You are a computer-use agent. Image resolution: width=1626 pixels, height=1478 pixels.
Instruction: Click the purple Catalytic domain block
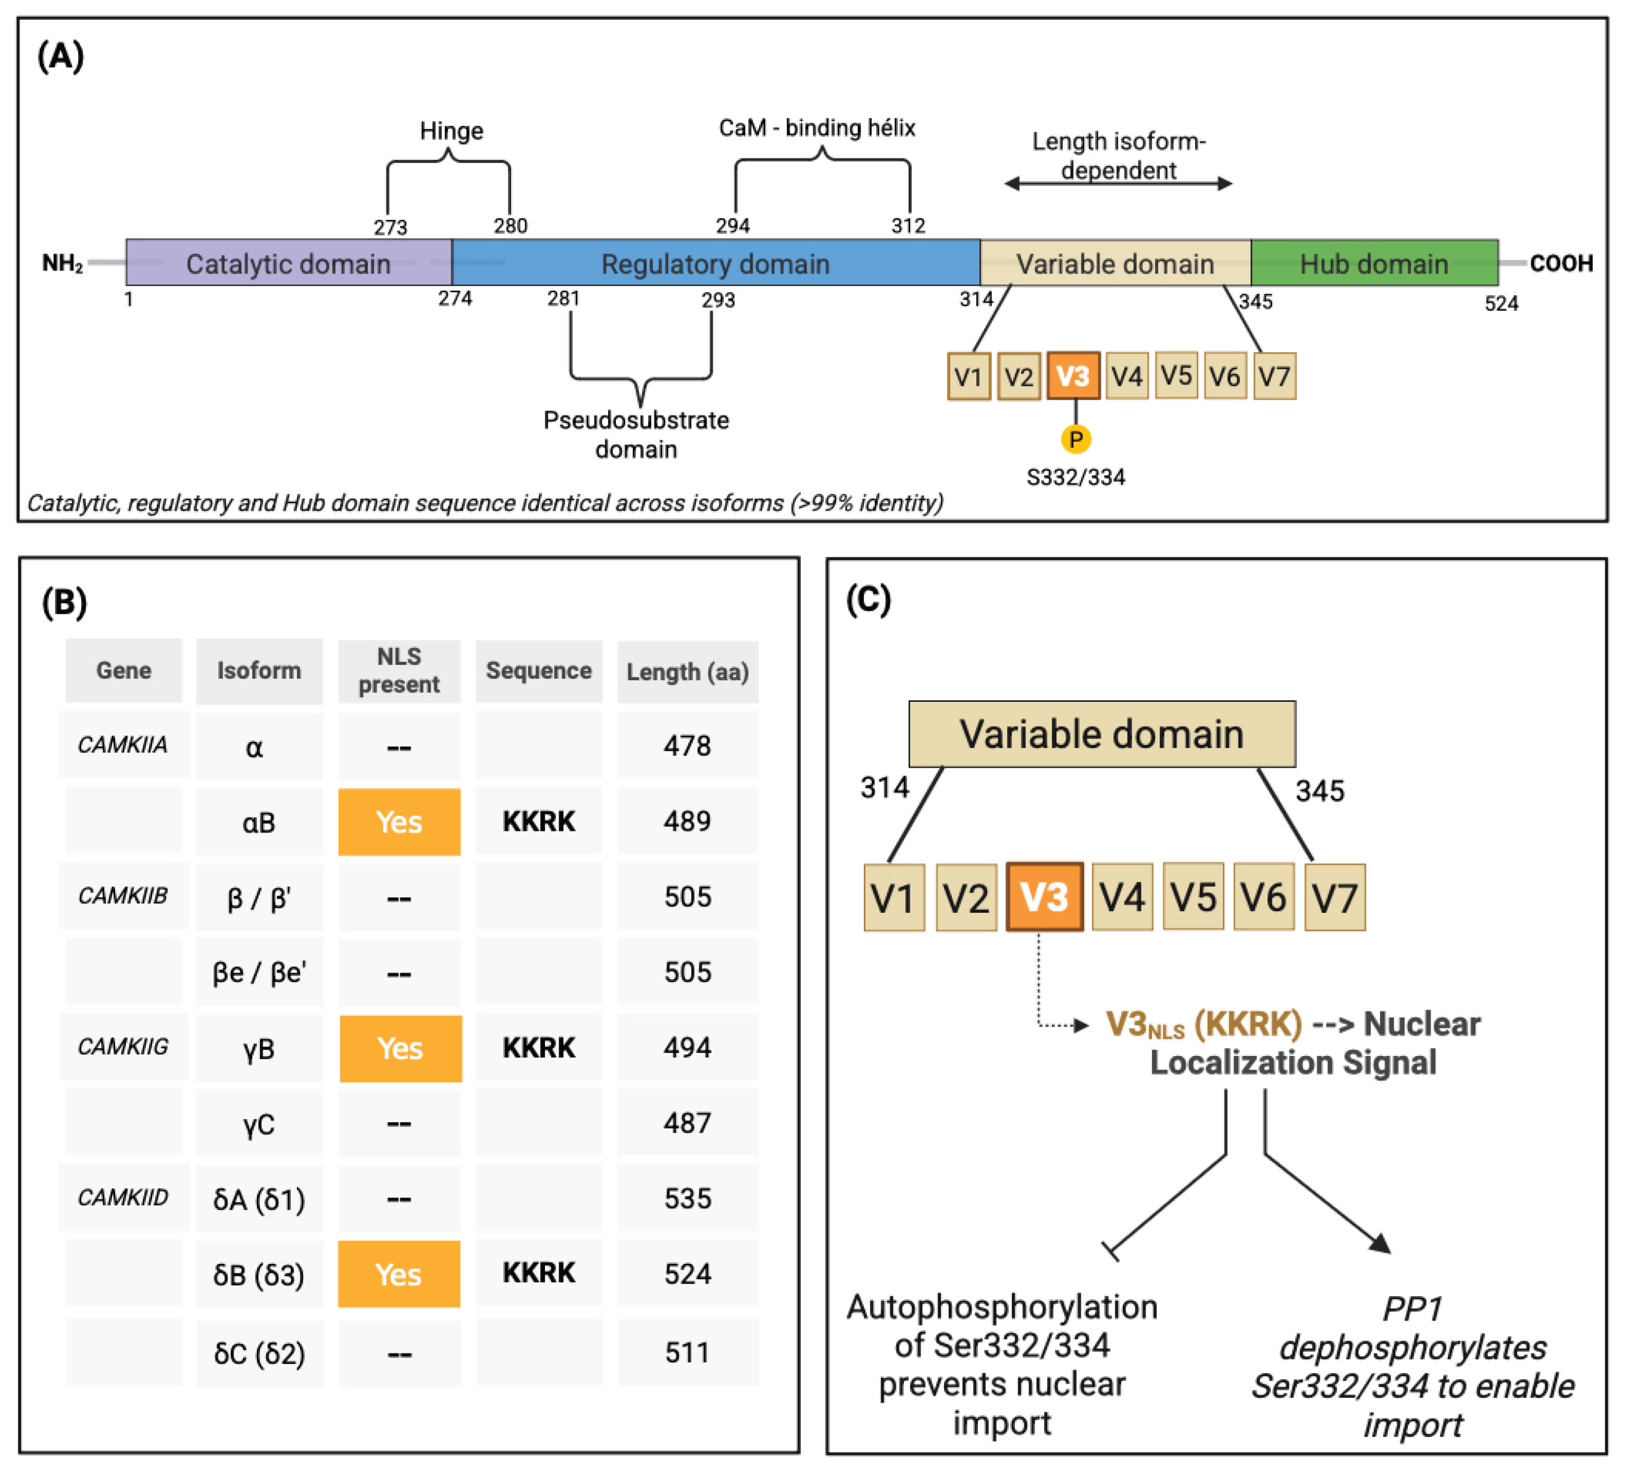288,263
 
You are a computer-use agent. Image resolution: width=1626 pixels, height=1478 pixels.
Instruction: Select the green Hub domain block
1373,263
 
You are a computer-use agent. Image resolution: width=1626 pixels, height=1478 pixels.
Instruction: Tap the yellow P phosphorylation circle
1075,440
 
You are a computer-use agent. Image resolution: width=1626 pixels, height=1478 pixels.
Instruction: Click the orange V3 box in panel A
1073,376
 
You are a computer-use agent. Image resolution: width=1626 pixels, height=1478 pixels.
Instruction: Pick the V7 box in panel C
1334,898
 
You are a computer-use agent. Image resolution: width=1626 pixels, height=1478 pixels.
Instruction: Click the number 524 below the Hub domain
1501,304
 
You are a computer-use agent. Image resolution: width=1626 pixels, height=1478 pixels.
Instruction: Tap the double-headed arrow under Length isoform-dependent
1118,184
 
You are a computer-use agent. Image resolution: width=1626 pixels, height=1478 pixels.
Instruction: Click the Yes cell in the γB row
400,1048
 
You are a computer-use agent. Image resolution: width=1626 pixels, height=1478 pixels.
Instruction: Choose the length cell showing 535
687,1198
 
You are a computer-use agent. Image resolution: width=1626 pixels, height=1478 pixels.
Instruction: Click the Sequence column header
538,671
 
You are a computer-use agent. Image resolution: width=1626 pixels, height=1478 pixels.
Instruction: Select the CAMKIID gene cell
122,1197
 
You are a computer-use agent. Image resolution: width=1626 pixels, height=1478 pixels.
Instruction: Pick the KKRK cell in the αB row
538,821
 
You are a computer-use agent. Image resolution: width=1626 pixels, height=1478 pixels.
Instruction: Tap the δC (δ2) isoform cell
259,1353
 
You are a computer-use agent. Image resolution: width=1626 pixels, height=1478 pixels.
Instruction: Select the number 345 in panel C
1320,791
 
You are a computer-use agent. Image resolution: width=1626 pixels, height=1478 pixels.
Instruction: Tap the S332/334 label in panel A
1075,477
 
